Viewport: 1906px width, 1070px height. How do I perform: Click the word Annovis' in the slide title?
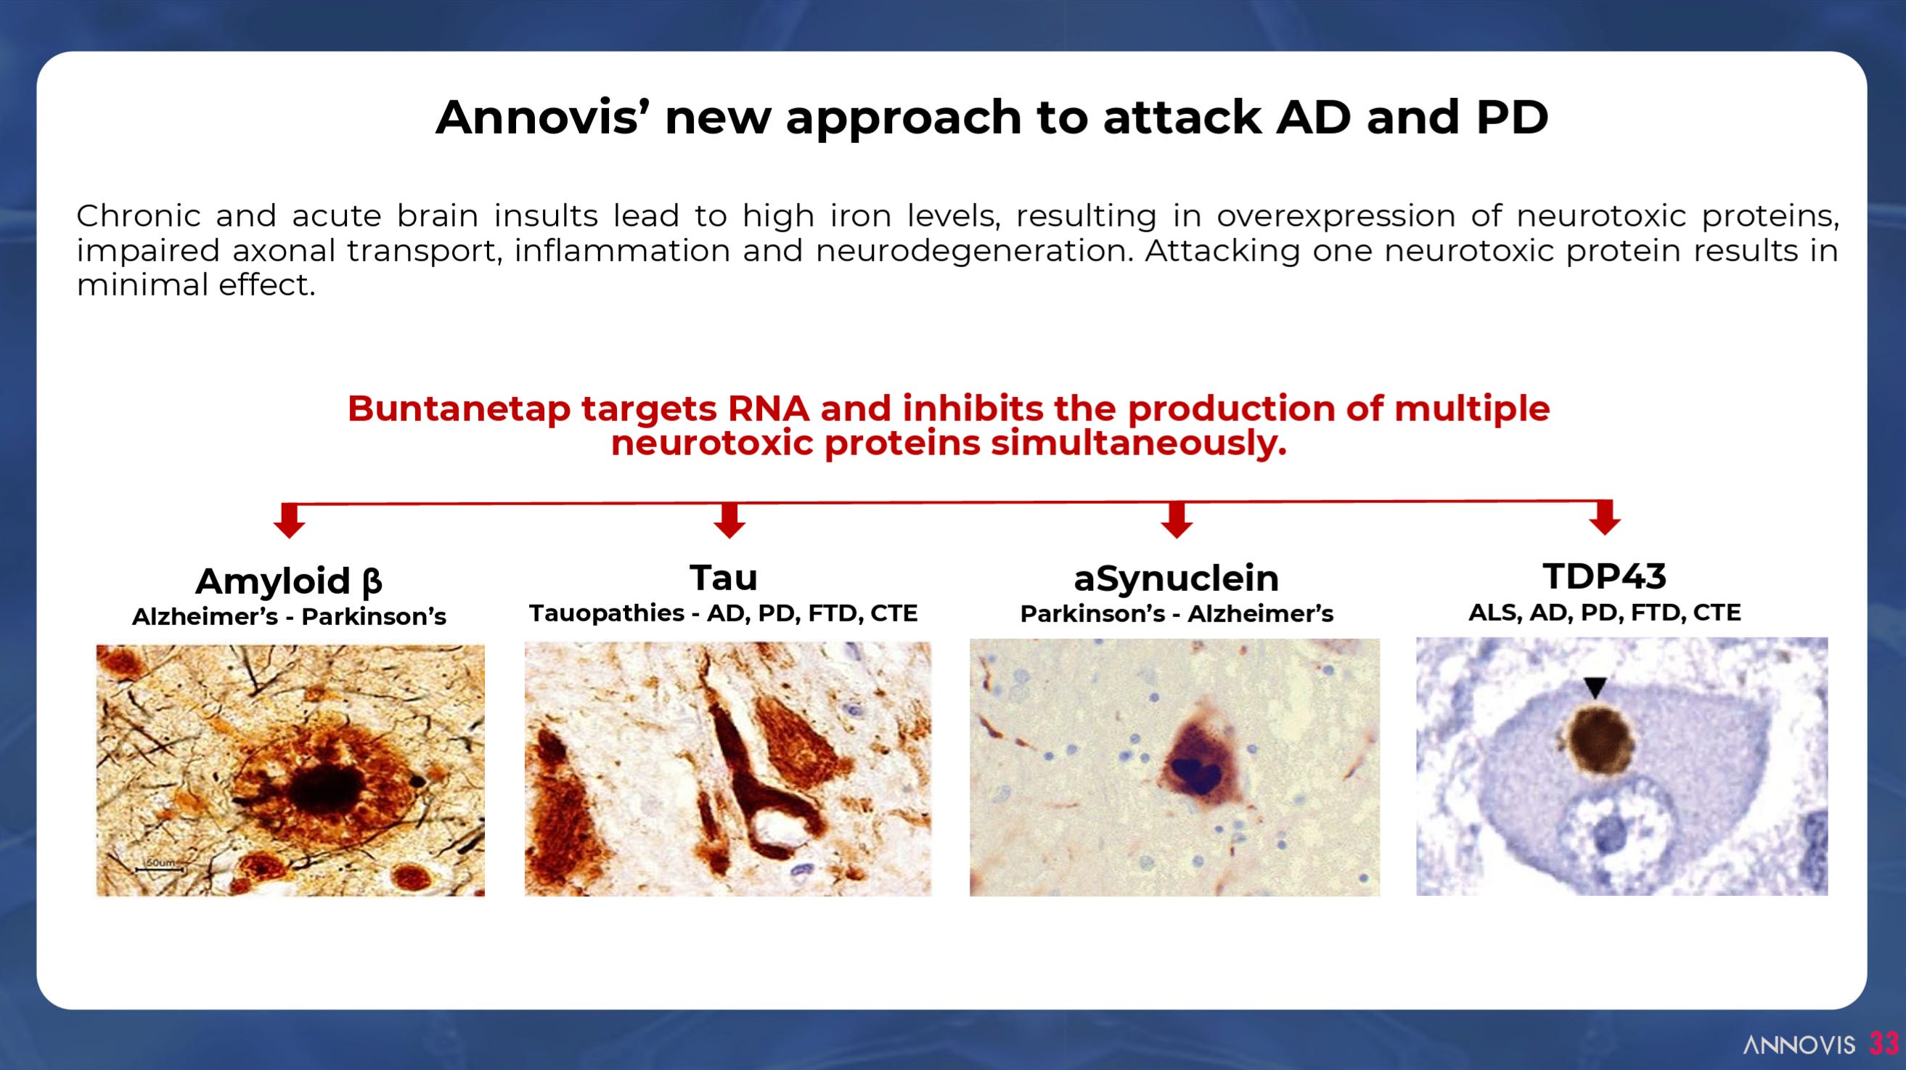(x=537, y=117)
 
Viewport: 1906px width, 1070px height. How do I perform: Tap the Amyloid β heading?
(x=289, y=581)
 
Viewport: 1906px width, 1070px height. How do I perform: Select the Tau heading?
(x=724, y=577)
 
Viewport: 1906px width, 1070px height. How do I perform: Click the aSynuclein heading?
(x=1177, y=578)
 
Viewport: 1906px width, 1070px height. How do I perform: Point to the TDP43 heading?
(x=1604, y=576)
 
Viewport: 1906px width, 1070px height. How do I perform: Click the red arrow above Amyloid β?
(x=290, y=520)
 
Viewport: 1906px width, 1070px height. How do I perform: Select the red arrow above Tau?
(x=729, y=520)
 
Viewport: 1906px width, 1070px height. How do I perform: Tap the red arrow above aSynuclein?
(x=1177, y=520)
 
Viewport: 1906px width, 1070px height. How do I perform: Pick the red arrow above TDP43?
(x=1605, y=518)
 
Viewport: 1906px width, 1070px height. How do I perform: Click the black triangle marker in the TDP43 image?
(x=1595, y=687)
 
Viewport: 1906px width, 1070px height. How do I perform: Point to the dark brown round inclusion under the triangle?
(x=1599, y=740)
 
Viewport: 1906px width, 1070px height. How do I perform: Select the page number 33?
(x=1884, y=1043)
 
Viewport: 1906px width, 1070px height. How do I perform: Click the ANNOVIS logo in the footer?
(x=1799, y=1044)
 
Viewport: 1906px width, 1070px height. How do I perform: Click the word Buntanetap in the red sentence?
(x=459, y=409)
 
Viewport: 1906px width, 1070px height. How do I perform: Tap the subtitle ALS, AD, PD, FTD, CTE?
(x=1604, y=613)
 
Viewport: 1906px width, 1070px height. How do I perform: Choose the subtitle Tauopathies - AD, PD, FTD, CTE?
(x=724, y=613)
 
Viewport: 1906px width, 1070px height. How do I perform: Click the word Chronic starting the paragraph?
(x=139, y=216)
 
